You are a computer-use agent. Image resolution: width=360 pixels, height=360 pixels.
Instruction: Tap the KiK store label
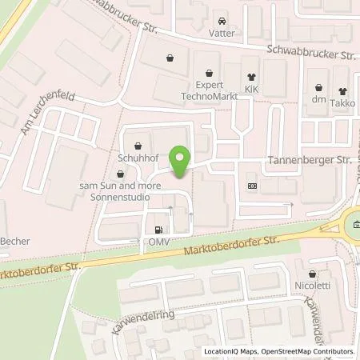(253, 88)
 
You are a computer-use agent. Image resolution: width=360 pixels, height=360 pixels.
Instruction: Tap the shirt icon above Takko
(344, 90)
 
